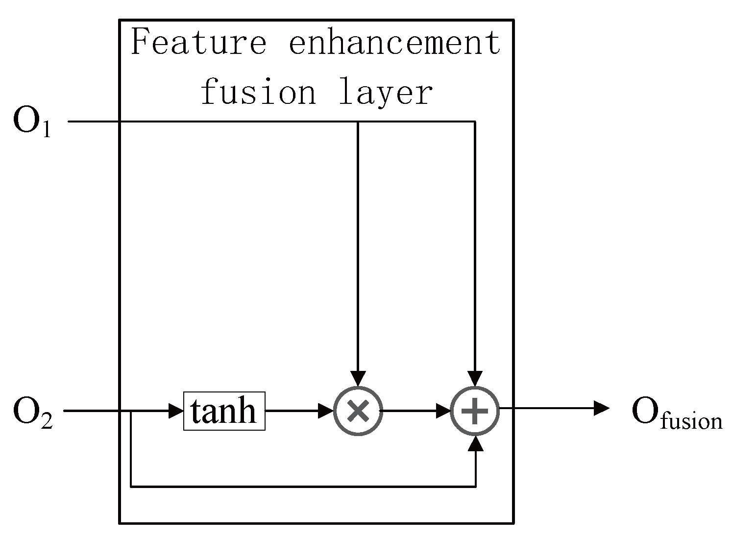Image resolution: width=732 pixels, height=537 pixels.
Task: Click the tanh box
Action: tap(224, 411)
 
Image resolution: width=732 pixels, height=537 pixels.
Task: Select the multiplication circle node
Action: tap(358, 411)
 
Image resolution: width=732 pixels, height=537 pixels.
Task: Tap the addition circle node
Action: tap(475, 411)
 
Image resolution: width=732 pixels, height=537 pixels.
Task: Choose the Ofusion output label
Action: tap(676, 413)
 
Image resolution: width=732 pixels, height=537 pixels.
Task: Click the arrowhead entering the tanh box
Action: tap(176, 411)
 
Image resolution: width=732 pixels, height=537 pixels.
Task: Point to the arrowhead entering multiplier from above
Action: tap(358, 379)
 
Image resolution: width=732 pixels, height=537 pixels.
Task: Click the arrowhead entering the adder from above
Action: tap(475, 379)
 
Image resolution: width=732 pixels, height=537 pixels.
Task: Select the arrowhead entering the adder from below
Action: tap(475, 443)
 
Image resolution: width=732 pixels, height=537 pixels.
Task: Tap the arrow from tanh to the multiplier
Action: tap(299, 411)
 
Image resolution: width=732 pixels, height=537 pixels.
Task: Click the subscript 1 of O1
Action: tap(46, 130)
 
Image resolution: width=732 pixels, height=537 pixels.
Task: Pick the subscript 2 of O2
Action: tap(46, 420)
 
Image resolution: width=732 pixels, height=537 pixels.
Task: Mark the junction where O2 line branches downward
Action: tap(131, 411)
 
